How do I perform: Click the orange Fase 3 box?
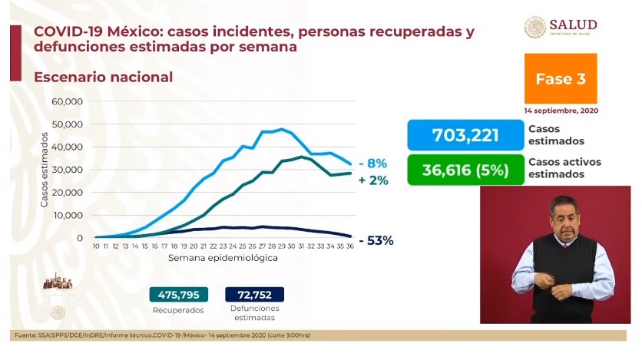pyautogui.click(x=560, y=78)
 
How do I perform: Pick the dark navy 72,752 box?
pyautogui.click(x=254, y=294)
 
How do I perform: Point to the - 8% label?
pyautogui.click(x=371, y=163)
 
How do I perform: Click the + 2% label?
pyautogui.click(x=372, y=180)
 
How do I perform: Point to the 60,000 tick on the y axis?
pyautogui.click(x=67, y=101)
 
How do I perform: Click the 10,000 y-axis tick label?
pyautogui.click(x=67, y=215)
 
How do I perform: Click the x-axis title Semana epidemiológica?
pyautogui.click(x=223, y=259)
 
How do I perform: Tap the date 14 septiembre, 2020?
pyautogui.click(x=561, y=111)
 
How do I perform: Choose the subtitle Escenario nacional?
pyautogui.click(x=102, y=78)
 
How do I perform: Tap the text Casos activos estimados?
pyautogui.click(x=564, y=168)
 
